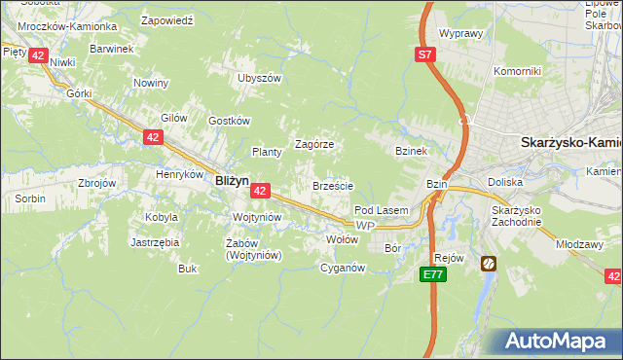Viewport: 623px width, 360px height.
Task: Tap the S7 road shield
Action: (x=425, y=55)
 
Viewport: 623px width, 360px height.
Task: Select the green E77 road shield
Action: (x=434, y=276)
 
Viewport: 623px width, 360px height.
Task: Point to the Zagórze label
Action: (x=314, y=143)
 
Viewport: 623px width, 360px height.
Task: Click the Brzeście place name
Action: (x=332, y=185)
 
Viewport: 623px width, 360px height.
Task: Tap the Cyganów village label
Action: (x=343, y=268)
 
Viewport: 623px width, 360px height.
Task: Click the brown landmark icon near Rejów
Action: (x=487, y=263)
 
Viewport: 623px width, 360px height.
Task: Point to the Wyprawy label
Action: (x=461, y=33)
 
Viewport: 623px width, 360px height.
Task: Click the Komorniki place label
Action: (x=516, y=71)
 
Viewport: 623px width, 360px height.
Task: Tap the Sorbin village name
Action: (x=29, y=198)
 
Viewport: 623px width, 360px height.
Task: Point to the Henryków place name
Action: (x=177, y=175)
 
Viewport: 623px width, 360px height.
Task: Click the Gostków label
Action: (x=230, y=121)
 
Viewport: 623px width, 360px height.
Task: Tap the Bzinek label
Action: (x=412, y=152)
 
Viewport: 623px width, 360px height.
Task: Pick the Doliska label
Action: (x=505, y=182)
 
